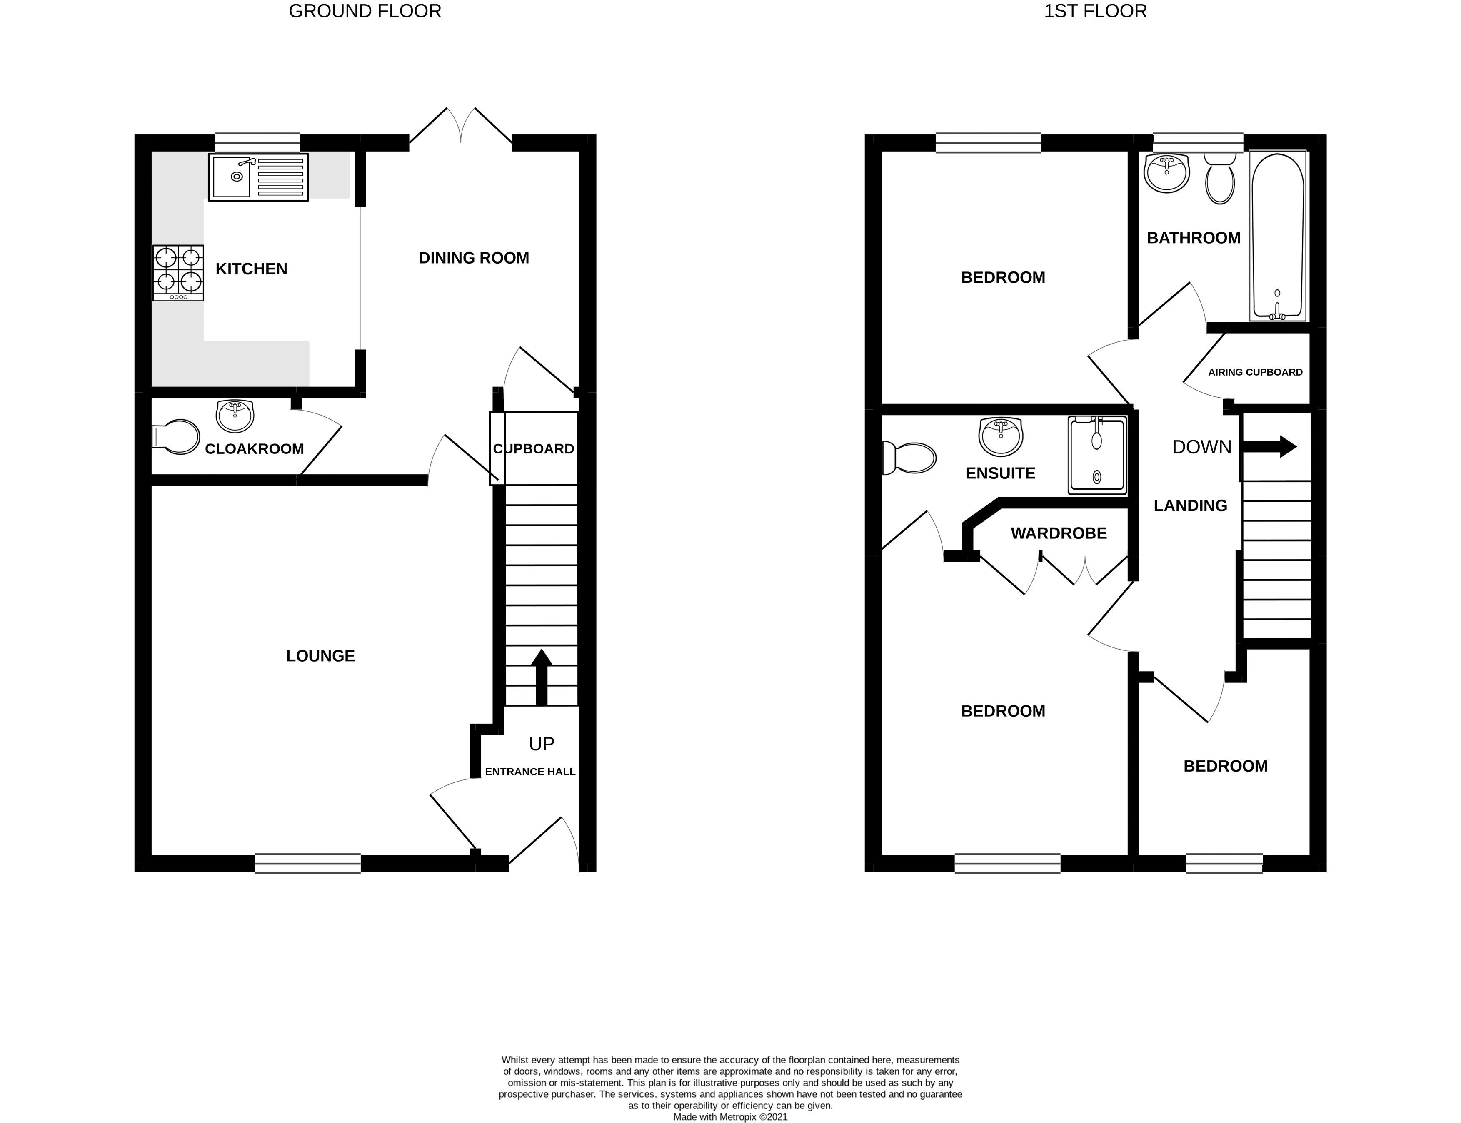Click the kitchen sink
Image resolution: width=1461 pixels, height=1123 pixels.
point(258,177)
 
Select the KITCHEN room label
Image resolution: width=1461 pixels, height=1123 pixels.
point(251,269)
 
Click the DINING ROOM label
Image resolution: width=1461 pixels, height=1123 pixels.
point(473,258)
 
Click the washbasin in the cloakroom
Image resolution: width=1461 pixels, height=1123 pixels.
point(235,416)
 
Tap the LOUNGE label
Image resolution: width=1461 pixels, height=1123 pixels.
point(320,656)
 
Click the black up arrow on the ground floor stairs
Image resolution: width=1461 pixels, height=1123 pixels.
point(541,677)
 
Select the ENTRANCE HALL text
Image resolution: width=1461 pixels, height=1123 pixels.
point(530,772)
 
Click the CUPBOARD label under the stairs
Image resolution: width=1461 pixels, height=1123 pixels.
point(534,448)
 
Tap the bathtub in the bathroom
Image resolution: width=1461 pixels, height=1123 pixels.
point(1277,235)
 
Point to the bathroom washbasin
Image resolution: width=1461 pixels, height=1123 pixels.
point(1167,172)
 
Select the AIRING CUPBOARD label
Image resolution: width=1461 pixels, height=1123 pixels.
point(1255,372)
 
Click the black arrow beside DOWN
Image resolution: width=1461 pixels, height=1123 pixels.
point(1269,446)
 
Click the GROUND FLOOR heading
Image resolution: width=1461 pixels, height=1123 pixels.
point(365,11)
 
